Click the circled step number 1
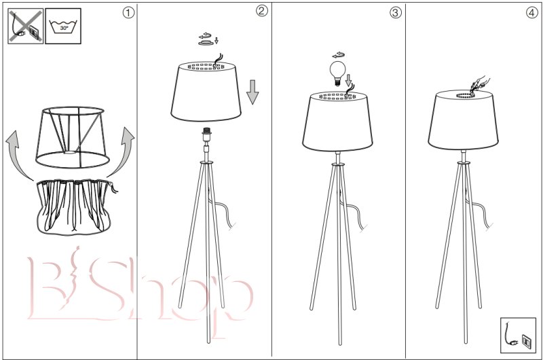click(128, 13)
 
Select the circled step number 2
click(262, 11)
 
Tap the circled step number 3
click(396, 13)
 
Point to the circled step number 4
click(532, 13)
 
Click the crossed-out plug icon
click(26, 26)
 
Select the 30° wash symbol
click(63, 26)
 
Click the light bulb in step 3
click(336, 73)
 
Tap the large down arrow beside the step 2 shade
click(252, 92)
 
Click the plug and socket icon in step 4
click(518, 335)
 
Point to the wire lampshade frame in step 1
click(73, 138)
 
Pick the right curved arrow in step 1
click(121, 152)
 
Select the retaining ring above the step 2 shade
click(206, 43)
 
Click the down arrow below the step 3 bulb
click(348, 80)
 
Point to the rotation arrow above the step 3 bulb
click(338, 55)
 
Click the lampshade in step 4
click(463, 120)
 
